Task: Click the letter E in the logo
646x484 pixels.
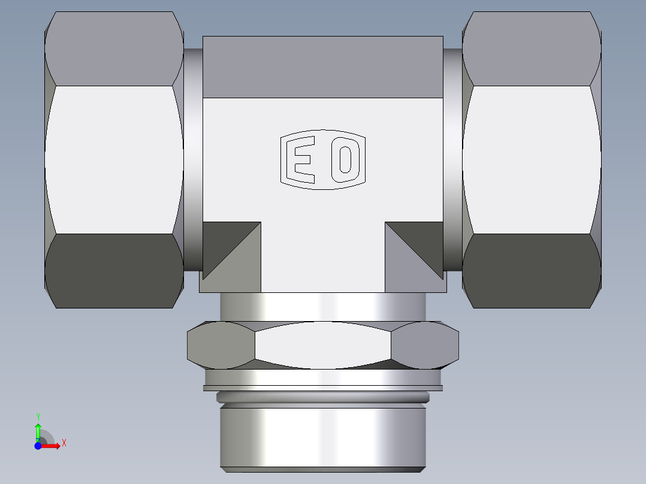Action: click(x=302, y=160)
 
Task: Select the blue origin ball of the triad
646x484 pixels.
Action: click(x=38, y=446)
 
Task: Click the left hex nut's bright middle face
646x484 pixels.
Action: click(x=114, y=159)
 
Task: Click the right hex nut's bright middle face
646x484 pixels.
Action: click(x=531, y=159)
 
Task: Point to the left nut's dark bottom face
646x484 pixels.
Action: click(x=114, y=271)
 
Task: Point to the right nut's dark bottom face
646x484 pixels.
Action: click(x=531, y=271)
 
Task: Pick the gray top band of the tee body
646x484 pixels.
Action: click(x=323, y=66)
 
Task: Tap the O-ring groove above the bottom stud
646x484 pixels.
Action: click(x=323, y=397)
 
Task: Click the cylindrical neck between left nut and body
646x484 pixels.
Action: click(x=193, y=159)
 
